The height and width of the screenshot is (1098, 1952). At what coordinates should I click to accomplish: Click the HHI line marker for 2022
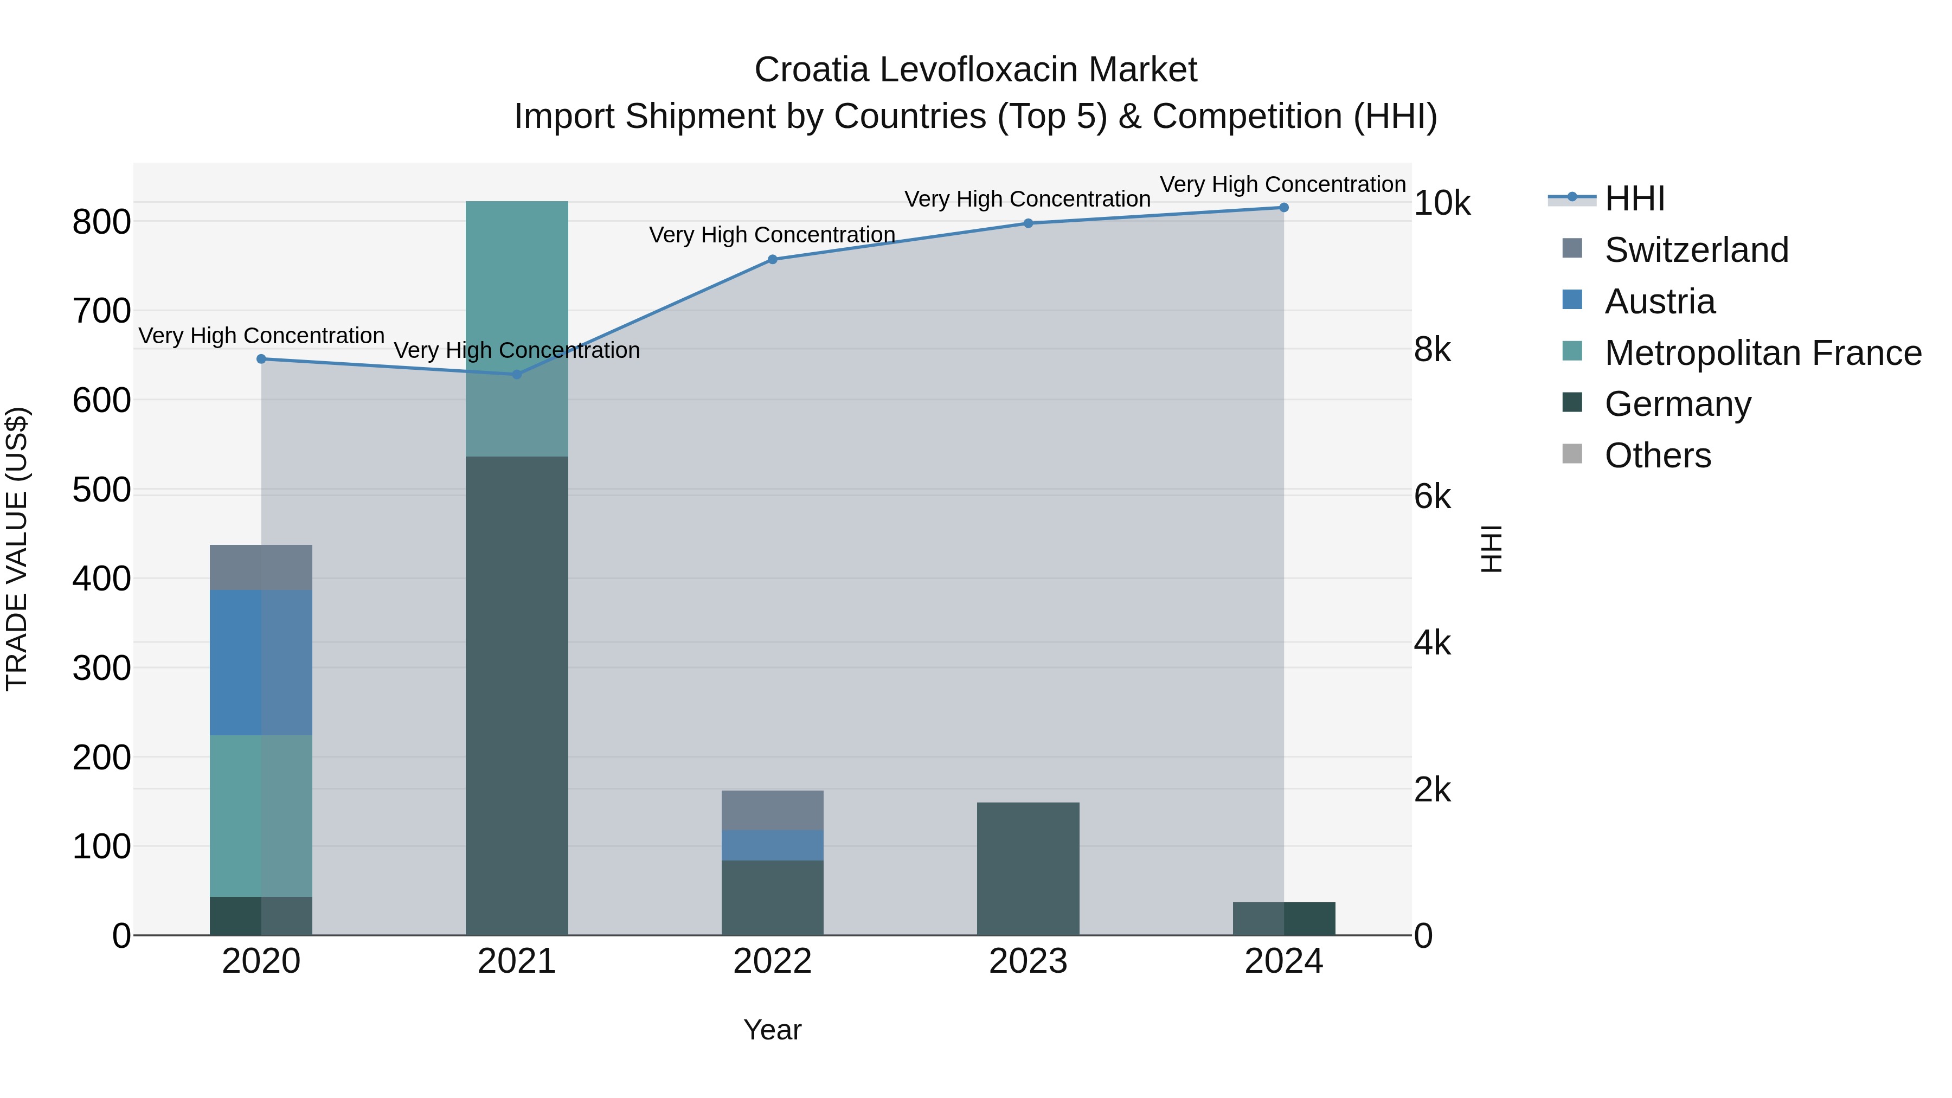point(772,259)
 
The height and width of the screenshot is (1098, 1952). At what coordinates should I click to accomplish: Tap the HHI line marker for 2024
point(1283,207)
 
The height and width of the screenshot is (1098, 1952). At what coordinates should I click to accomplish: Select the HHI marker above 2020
point(261,358)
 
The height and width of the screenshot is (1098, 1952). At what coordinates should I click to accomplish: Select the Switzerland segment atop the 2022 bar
point(772,810)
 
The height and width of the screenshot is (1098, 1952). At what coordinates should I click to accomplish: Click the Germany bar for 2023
point(1028,869)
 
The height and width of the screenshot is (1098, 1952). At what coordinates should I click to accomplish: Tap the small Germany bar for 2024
point(1283,919)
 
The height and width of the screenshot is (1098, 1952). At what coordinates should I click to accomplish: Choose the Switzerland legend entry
point(1696,250)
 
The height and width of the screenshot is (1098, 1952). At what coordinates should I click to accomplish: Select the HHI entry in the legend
point(1634,198)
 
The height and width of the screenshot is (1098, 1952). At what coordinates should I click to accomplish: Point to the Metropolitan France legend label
point(1763,353)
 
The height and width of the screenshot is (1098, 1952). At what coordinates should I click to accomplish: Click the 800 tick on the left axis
point(101,223)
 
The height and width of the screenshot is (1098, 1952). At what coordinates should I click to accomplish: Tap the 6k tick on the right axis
point(1432,497)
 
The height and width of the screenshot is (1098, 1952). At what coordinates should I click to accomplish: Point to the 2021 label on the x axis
point(517,961)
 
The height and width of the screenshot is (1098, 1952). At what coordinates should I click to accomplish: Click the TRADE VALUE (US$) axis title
point(17,549)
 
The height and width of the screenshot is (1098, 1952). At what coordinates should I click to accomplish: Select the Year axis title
point(772,1030)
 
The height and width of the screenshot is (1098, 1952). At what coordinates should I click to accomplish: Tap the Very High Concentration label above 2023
point(1028,200)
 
